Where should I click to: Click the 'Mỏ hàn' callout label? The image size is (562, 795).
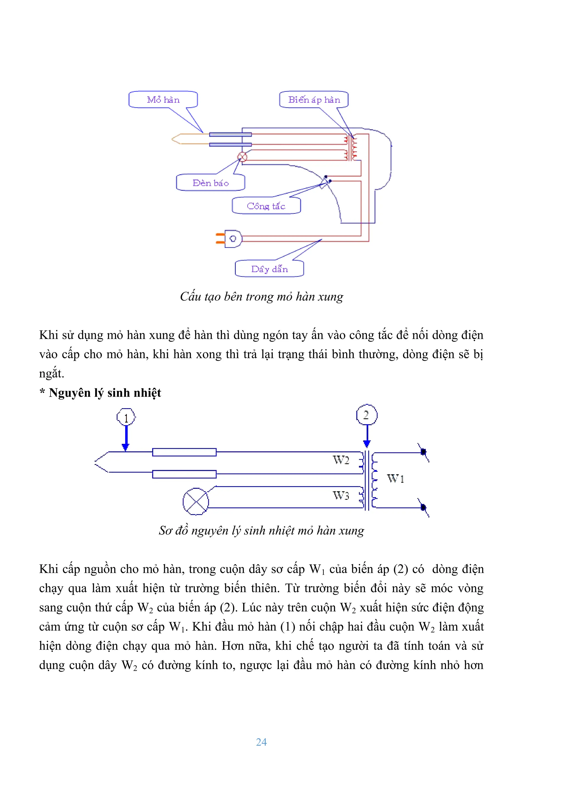[x=163, y=100]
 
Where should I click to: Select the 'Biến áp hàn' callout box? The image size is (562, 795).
[x=314, y=100]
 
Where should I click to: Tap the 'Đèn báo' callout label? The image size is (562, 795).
[x=210, y=182]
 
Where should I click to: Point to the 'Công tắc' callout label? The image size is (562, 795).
[x=266, y=206]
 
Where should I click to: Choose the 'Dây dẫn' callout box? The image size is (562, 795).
[x=269, y=269]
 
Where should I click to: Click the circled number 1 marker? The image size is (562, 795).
[x=126, y=418]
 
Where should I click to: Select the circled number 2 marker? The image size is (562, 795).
[x=366, y=415]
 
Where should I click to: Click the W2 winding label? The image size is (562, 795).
[x=341, y=460]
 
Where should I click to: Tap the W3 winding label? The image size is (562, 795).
[x=341, y=495]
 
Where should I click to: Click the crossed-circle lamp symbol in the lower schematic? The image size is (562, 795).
[x=196, y=501]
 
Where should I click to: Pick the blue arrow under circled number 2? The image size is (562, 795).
[x=367, y=436]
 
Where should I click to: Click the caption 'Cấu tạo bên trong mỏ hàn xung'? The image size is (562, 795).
[x=262, y=296]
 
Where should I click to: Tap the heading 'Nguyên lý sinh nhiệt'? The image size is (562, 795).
[x=105, y=393]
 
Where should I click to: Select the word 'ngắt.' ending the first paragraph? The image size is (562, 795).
[x=52, y=374]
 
